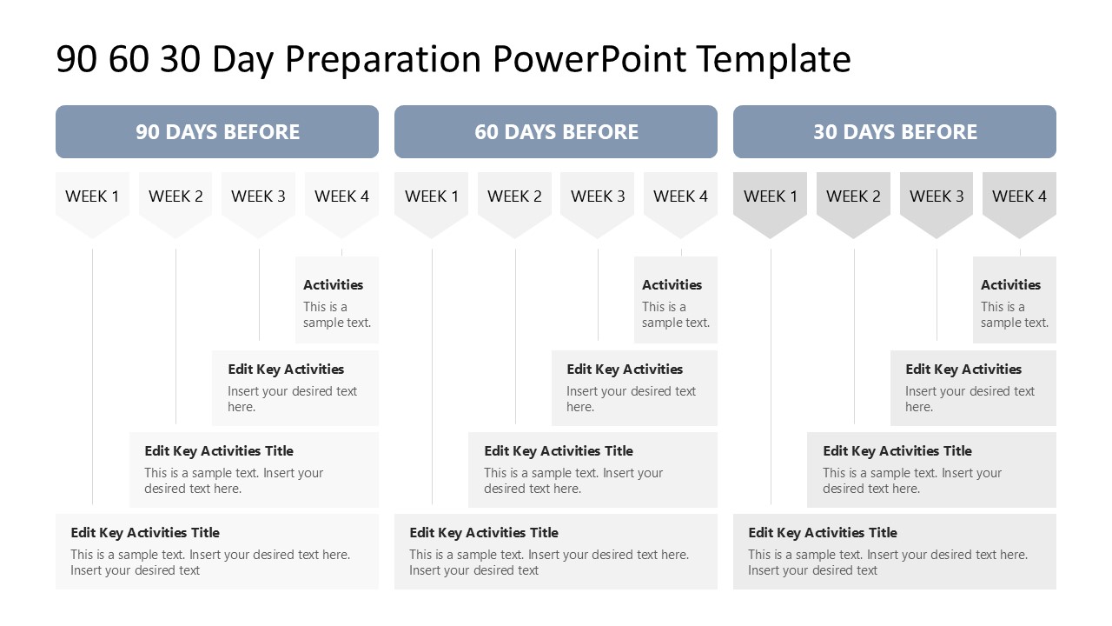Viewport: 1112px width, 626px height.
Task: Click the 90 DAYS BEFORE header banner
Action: (217, 132)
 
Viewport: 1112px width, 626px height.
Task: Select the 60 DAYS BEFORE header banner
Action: (556, 132)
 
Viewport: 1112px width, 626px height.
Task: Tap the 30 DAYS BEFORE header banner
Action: (895, 132)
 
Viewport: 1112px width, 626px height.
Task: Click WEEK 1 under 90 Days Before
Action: (92, 196)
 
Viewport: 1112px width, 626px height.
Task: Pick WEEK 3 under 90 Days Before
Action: (258, 196)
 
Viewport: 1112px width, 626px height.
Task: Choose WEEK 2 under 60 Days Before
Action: (514, 196)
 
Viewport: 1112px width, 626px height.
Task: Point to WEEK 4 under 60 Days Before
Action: (680, 196)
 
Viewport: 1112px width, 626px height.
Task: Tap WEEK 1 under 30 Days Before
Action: (770, 196)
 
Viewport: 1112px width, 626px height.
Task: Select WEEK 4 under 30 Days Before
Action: (1019, 196)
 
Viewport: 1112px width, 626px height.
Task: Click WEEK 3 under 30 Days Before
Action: (937, 196)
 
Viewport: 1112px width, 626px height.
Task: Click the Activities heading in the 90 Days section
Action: (333, 285)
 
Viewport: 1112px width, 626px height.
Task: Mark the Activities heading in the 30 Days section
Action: (1010, 285)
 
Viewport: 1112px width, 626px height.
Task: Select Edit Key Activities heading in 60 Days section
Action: (625, 370)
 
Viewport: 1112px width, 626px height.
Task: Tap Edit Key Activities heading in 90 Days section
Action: (286, 370)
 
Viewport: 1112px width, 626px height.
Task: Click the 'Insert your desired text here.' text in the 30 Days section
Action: (970, 399)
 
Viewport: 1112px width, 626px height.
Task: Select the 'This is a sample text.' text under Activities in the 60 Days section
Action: (675, 315)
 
